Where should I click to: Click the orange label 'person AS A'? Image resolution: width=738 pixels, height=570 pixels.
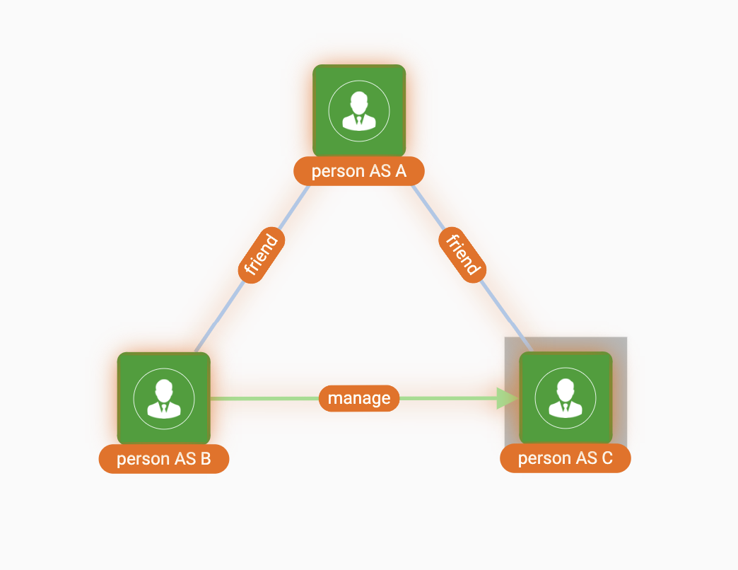tap(359, 171)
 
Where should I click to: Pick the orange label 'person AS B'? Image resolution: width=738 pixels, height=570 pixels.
tap(164, 459)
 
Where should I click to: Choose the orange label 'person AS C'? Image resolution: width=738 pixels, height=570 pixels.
tap(565, 458)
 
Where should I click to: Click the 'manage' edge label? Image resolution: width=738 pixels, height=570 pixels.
tap(359, 398)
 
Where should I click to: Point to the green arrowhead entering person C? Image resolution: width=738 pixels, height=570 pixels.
tap(508, 398)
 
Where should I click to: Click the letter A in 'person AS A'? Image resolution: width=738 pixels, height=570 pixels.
tap(401, 171)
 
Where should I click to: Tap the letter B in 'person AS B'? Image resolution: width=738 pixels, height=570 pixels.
tap(205, 459)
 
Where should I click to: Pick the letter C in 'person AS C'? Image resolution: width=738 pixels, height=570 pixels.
tap(607, 458)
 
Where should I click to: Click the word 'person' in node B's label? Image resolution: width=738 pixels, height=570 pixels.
tap(141, 459)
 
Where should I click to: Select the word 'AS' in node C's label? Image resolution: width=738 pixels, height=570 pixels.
tap(586, 458)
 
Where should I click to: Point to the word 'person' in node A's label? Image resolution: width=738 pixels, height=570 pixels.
tap(336, 171)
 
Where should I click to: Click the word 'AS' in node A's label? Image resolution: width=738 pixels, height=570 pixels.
tap(380, 171)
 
